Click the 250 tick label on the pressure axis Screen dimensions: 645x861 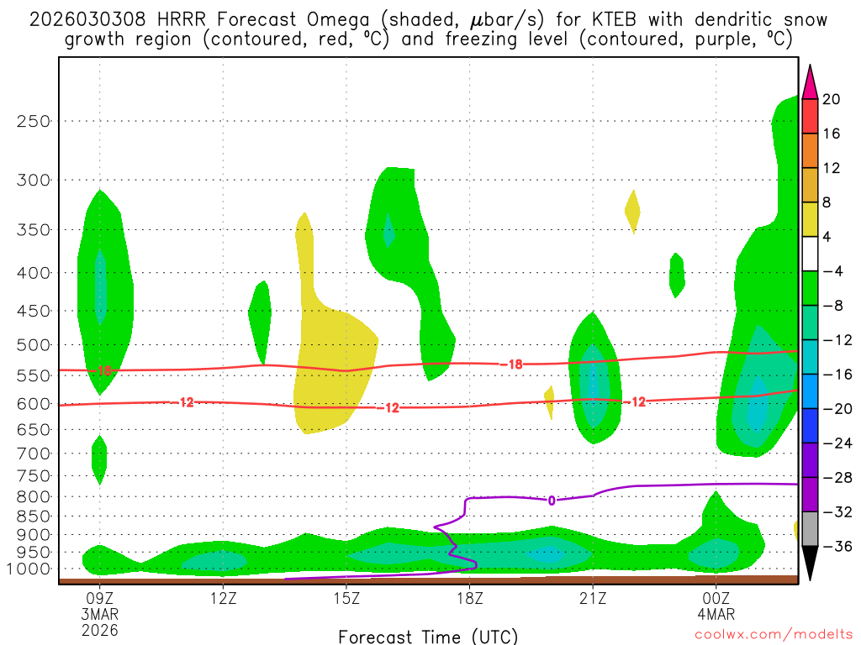click(x=34, y=121)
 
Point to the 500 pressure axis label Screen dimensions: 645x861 click(x=34, y=344)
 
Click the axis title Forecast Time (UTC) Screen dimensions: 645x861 click(x=428, y=636)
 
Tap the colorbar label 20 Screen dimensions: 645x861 click(x=832, y=99)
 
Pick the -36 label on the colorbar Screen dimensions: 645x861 click(x=835, y=547)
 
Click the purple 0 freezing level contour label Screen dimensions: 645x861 click(x=552, y=500)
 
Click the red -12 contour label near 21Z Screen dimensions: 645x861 click(x=637, y=401)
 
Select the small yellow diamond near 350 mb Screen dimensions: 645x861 click(x=632, y=211)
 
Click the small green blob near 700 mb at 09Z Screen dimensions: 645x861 click(x=99, y=459)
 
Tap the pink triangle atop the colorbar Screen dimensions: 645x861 click(x=810, y=81)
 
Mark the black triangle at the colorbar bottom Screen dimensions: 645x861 click(x=810, y=564)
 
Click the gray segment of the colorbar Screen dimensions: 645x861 click(x=810, y=529)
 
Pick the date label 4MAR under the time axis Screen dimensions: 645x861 click(x=716, y=614)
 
